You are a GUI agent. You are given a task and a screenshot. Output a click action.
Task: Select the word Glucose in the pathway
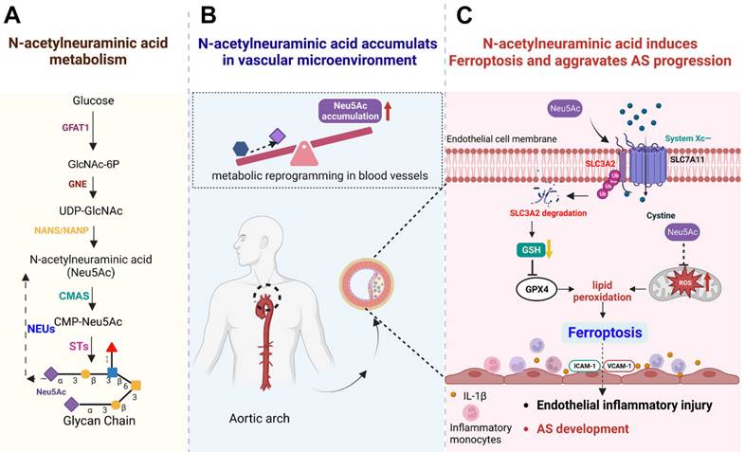coord(92,100)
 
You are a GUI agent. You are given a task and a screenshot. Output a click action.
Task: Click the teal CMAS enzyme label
coord(74,296)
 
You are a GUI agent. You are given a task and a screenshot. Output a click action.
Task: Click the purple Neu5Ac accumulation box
coord(339,112)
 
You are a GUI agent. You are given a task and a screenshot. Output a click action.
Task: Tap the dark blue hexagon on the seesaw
coord(243,149)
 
